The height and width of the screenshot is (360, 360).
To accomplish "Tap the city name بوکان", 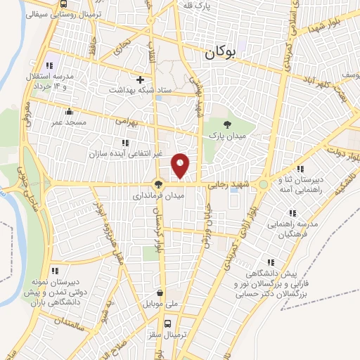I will pyautogui.click(x=220, y=51).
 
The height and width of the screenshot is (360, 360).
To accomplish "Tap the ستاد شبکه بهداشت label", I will pyautogui.click(x=140, y=91).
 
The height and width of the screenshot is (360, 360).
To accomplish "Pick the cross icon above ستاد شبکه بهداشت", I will pyautogui.click(x=140, y=79).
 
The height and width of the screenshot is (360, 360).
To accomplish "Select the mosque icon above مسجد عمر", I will pyautogui.click(x=69, y=111).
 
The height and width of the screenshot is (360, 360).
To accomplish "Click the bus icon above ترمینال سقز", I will pyautogui.click(x=167, y=324).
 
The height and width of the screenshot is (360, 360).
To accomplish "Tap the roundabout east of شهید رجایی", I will pyautogui.click(x=263, y=184).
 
